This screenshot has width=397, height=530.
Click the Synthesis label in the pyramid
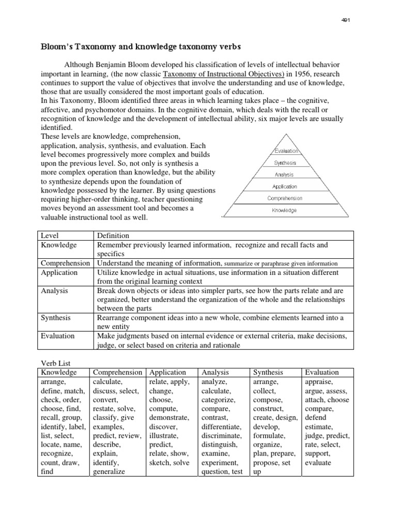[x=285, y=163]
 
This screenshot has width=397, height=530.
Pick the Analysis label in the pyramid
[x=284, y=175]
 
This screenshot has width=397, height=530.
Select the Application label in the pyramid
[x=285, y=187]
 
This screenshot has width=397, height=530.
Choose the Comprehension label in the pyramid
[x=285, y=198]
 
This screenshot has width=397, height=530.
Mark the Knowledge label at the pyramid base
[x=285, y=210]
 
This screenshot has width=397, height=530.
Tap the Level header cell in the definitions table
[x=50, y=235]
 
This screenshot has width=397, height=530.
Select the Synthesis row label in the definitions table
[x=56, y=317]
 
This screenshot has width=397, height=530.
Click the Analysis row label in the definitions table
[x=54, y=290]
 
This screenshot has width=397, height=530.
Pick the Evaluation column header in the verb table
[x=322, y=372]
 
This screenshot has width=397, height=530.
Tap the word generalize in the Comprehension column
[x=110, y=472]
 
